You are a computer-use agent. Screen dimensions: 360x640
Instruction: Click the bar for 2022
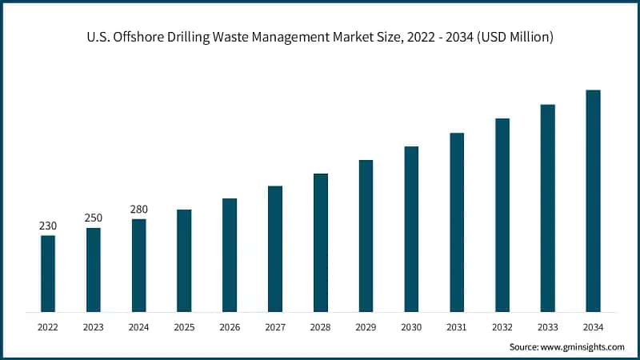coord(48,273)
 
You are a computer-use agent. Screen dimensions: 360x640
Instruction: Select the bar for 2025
coord(184,260)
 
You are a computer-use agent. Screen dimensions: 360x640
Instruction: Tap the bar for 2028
coord(321,242)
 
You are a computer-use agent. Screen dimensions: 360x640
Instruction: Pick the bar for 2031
coord(457,222)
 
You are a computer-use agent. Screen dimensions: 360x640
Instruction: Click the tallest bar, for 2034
coord(593,200)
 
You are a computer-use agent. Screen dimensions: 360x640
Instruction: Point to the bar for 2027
coord(275,248)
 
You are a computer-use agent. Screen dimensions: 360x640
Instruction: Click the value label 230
coord(48,226)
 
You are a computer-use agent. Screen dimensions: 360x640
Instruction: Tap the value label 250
coord(94,218)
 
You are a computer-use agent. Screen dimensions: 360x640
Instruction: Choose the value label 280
coord(138,210)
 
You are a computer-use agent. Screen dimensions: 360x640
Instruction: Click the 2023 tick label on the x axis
coord(94,326)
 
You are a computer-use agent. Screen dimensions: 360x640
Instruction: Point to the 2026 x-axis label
coord(230,326)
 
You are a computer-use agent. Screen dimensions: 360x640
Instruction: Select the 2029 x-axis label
coord(366,326)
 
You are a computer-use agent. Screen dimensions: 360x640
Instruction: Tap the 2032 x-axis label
coord(502,326)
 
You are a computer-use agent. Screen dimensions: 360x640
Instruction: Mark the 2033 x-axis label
coord(547,326)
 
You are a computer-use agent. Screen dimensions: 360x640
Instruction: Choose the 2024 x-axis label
coord(138,326)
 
